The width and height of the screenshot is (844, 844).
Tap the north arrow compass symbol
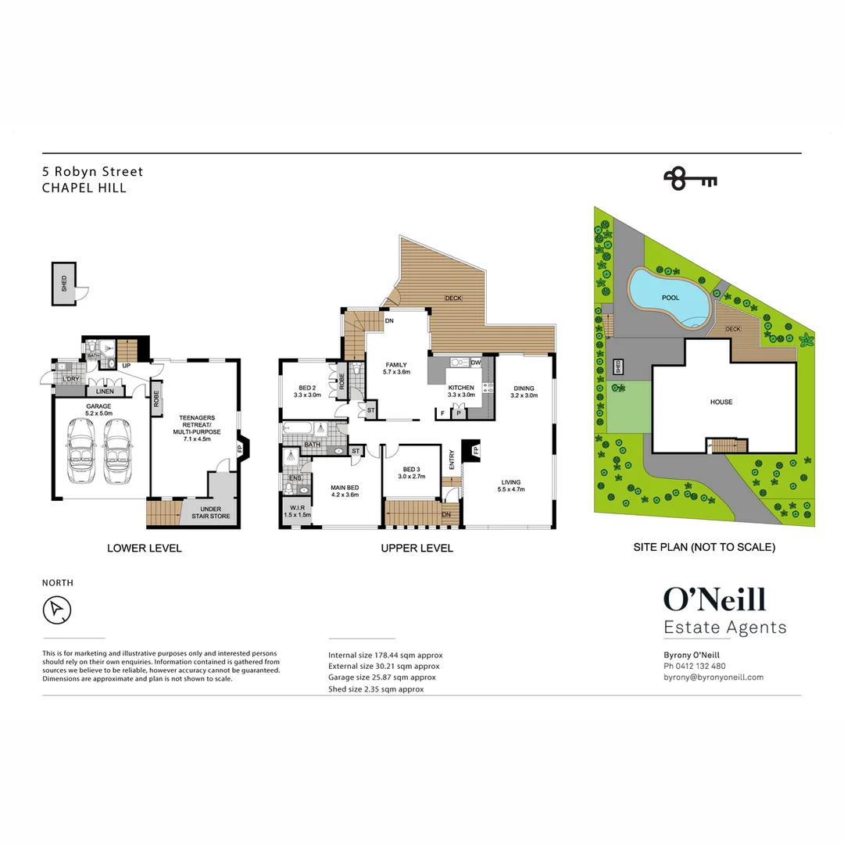pos(57,610)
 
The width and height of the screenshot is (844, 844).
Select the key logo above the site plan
pos(690,179)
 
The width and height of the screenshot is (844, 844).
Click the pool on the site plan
pos(670,298)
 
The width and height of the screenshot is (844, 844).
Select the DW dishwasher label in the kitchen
pos(476,363)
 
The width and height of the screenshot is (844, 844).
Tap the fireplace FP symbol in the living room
pos(474,451)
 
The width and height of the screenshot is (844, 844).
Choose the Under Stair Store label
pos(205,513)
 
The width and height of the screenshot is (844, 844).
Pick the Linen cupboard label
pos(104,392)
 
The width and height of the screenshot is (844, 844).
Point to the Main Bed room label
pos(344,490)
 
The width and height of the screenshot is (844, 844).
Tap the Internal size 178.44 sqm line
pos(385,655)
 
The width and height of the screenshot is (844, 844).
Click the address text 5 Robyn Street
pos(92,172)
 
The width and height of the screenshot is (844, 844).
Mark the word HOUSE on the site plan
pos(721,402)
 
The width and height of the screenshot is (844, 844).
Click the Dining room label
pos(524,392)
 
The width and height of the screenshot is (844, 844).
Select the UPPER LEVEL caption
pos(417,549)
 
